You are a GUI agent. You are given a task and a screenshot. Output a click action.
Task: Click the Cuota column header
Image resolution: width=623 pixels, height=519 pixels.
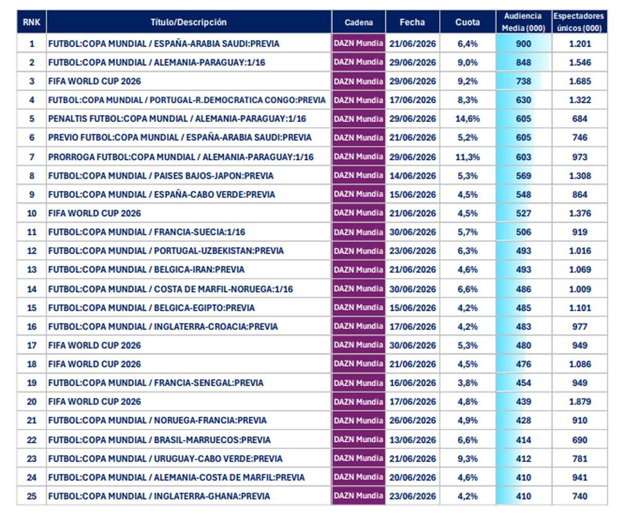point(467,22)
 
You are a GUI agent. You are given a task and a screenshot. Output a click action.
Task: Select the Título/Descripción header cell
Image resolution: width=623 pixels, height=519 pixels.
point(188,22)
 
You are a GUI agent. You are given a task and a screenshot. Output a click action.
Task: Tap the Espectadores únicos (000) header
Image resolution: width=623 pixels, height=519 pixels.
point(579,22)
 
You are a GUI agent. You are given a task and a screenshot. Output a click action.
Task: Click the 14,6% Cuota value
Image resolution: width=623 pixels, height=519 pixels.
point(468,119)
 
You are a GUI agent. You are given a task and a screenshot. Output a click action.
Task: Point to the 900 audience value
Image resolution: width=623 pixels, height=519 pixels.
point(523,44)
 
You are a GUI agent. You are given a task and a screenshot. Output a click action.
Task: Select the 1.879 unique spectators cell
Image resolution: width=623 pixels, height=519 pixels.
point(580,402)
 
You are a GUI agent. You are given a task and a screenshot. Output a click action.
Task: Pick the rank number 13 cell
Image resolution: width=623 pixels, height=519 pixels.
point(32,270)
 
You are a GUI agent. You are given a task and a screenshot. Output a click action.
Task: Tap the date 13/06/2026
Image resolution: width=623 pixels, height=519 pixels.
point(412,440)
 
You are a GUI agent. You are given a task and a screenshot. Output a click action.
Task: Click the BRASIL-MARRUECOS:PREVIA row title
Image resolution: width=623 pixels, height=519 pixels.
point(159,440)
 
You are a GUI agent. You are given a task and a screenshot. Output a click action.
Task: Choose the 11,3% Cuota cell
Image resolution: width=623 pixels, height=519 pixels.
point(468,157)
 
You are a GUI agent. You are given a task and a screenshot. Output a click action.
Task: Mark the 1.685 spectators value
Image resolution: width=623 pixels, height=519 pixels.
point(580,81)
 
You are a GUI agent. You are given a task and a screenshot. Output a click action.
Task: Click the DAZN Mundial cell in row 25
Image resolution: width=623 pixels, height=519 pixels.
point(358,496)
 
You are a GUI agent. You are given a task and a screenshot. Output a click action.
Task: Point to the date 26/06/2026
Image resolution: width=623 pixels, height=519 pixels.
point(412,420)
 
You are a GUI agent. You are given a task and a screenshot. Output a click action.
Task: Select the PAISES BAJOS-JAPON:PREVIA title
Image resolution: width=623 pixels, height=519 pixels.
point(161,176)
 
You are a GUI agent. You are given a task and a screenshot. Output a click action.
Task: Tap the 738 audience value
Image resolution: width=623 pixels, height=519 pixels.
point(523,81)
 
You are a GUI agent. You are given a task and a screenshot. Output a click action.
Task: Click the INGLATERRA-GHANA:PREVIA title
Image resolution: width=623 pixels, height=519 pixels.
point(159,496)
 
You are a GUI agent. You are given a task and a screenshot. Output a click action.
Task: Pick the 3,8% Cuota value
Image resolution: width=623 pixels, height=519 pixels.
point(468,383)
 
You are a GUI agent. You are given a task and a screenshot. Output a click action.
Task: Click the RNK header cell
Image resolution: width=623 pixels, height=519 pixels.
point(32,22)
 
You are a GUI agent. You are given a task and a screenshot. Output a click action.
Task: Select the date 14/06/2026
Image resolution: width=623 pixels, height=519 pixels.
point(412,176)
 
